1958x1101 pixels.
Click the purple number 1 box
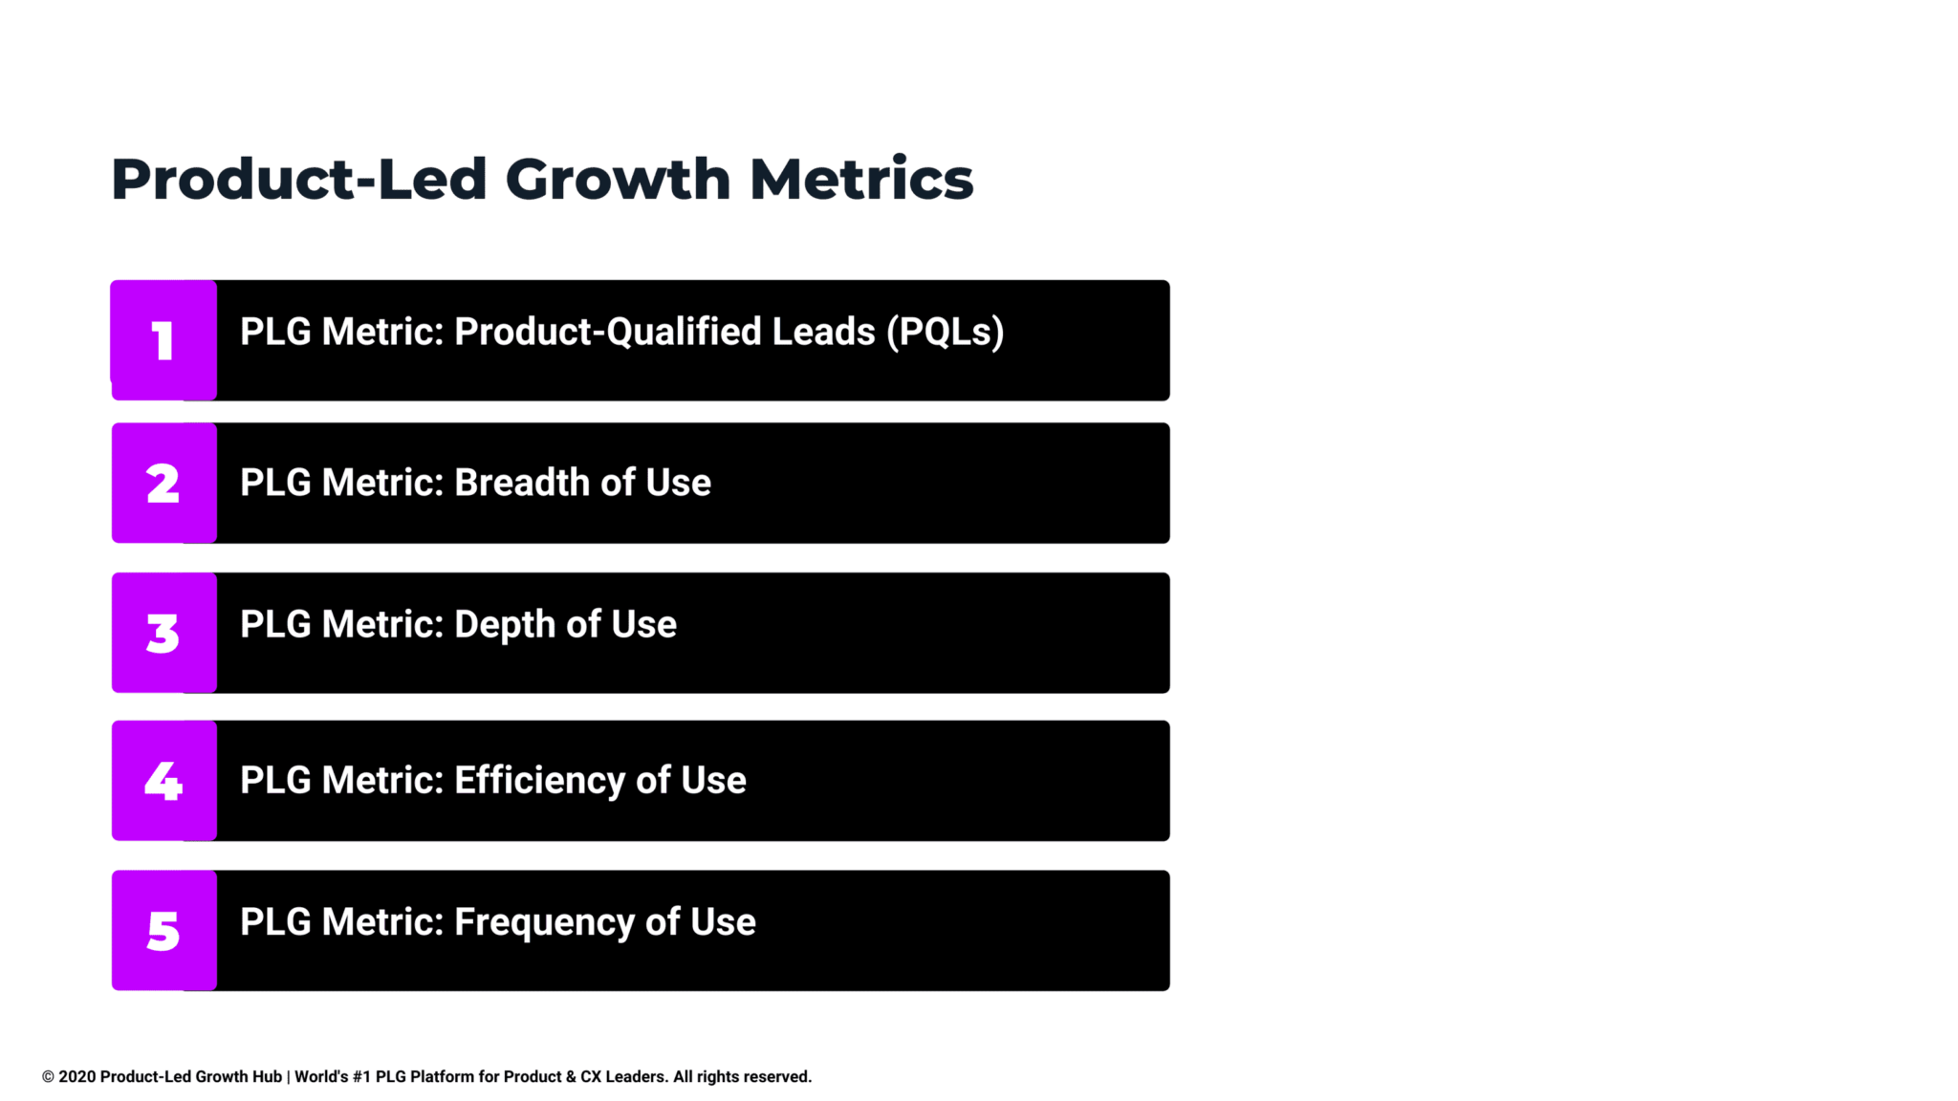[163, 340]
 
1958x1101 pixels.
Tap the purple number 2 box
[163, 483]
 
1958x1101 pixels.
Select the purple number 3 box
[163, 633]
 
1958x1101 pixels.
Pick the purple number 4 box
[163, 781]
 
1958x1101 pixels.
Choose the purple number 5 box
[163, 930]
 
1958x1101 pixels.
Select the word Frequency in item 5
[544, 923]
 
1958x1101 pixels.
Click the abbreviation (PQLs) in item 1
[945, 332]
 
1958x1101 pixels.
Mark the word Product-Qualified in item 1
[608, 332]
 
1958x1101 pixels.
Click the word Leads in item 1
[823, 332]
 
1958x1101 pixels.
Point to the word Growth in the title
[618, 179]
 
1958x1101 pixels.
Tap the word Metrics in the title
[861, 179]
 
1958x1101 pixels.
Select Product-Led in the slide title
[299, 179]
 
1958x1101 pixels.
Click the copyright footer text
[427, 1077]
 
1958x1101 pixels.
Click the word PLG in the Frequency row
[275, 922]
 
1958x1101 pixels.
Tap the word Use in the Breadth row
[678, 483]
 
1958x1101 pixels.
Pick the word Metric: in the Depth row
[382, 624]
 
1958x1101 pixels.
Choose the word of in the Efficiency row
[653, 781]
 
